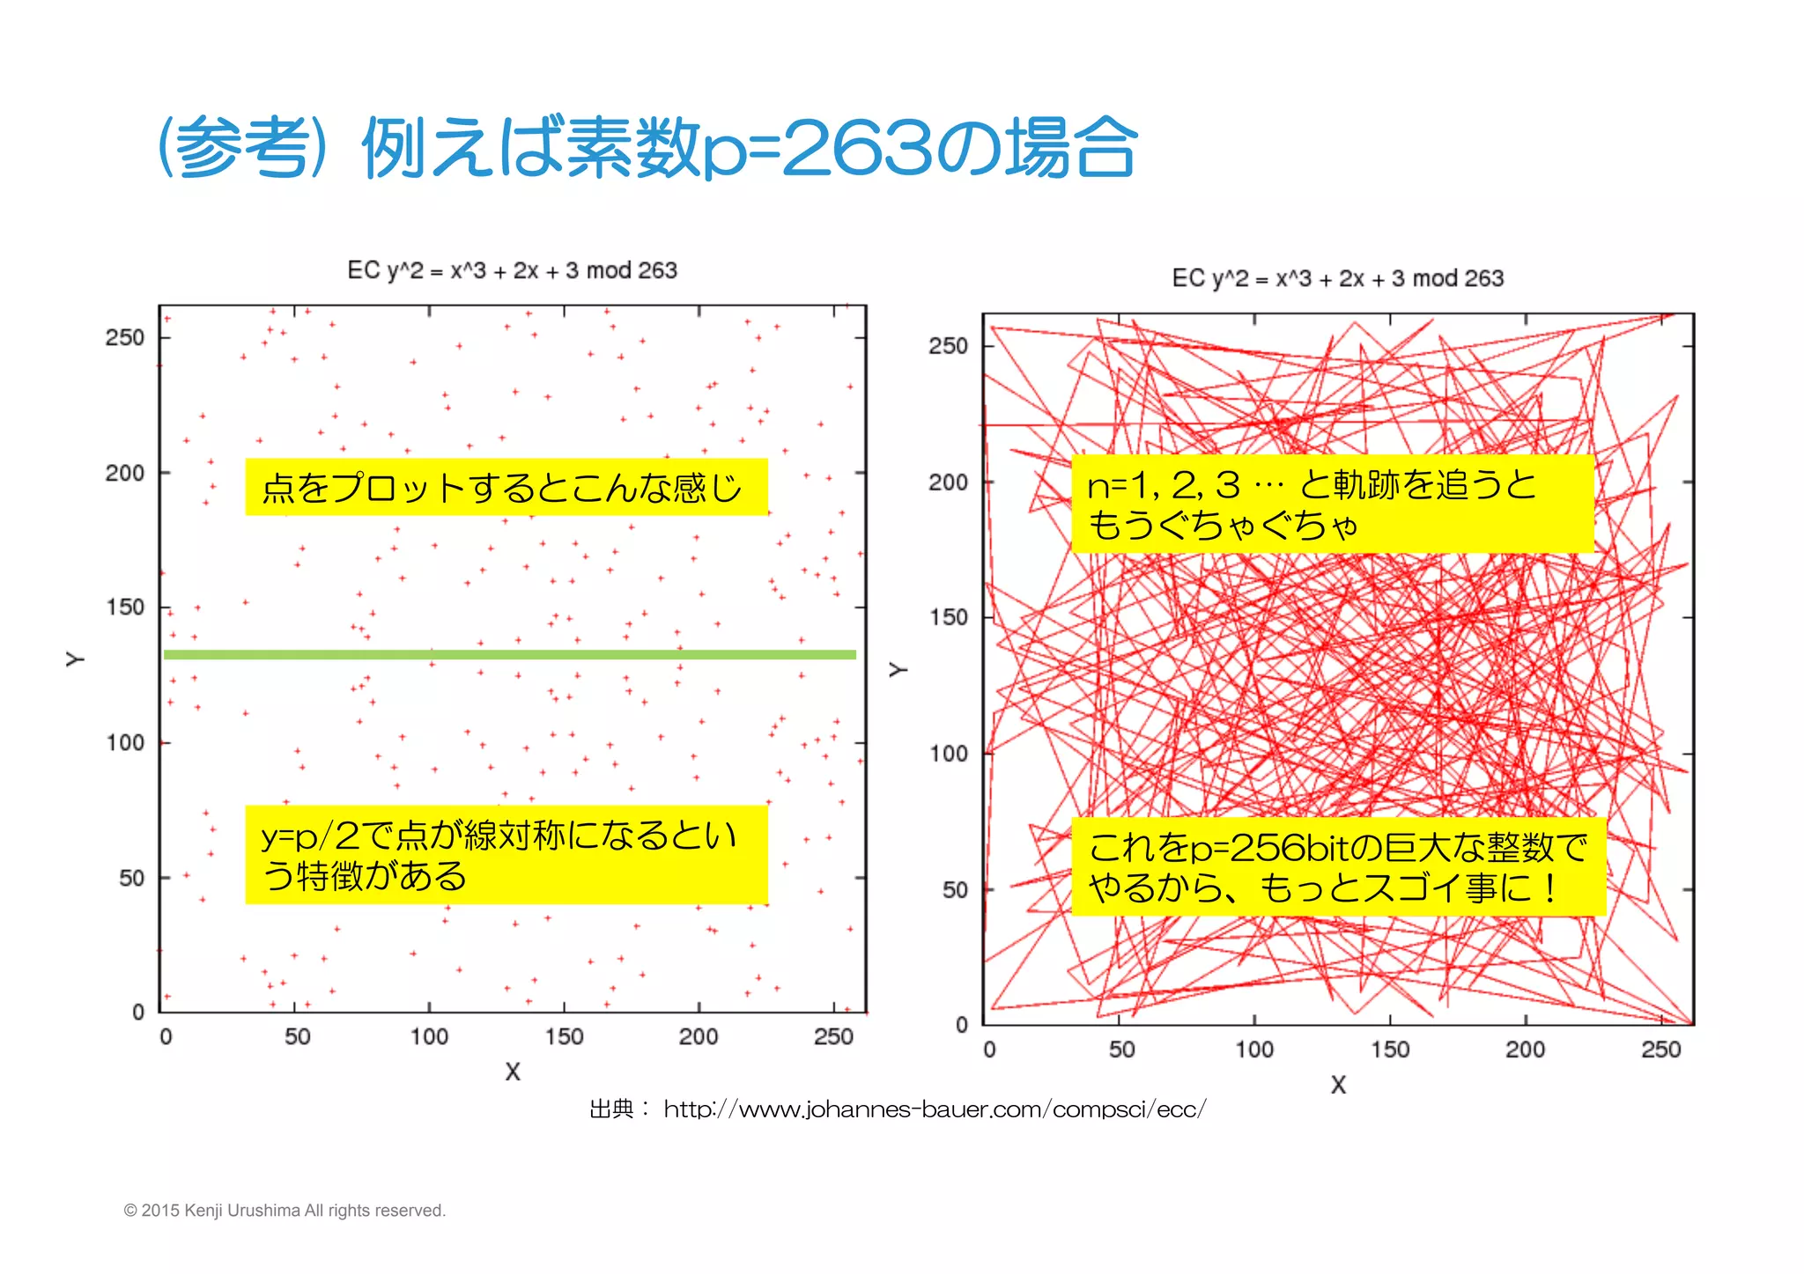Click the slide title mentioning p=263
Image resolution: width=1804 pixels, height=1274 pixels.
tap(647, 148)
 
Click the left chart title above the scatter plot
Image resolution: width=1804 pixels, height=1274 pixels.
tap(512, 270)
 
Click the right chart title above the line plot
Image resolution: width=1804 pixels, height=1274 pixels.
tap(1337, 278)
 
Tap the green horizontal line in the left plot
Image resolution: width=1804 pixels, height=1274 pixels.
tap(509, 654)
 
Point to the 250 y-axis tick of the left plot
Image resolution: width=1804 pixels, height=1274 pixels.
tap(124, 337)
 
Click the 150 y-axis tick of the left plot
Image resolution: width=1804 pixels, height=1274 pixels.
tap(124, 608)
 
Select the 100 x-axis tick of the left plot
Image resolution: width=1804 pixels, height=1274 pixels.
tap(429, 1036)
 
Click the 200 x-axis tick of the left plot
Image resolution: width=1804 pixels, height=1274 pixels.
tap(699, 1036)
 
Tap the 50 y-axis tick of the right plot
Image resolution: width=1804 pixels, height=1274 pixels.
tap(955, 890)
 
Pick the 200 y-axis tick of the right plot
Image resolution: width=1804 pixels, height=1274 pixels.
tap(948, 482)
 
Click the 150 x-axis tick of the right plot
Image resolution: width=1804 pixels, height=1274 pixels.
tap(1389, 1049)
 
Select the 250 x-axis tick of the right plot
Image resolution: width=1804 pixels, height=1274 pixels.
tap(1660, 1049)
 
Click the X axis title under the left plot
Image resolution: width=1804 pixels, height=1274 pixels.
tap(513, 1071)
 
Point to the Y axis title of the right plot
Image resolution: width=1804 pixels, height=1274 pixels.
tap(898, 670)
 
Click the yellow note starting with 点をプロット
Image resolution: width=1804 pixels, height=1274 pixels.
tap(506, 487)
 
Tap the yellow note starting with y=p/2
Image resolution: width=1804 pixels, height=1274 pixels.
tap(506, 854)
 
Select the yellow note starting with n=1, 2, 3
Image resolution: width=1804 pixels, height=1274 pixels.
tap(1332, 504)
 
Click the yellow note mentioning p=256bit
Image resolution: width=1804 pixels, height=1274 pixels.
tap(1337, 866)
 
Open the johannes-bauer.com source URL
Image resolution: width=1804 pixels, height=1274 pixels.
tap(935, 1109)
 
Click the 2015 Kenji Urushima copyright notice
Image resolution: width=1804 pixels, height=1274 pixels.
tap(285, 1211)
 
